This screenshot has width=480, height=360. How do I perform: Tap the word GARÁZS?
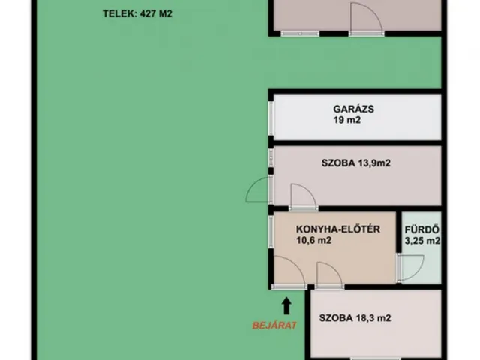(354, 108)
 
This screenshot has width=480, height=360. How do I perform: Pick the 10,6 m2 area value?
(314, 241)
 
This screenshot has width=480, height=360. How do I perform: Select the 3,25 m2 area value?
(421, 241)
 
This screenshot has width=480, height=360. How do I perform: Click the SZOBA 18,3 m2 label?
(355, 318)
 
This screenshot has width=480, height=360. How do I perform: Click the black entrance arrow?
(286, 304)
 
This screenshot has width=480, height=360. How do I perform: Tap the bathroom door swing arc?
(409, 268)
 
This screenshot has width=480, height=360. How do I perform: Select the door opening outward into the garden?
(256, 190)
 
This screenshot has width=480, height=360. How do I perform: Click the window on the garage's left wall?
(271, 116)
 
